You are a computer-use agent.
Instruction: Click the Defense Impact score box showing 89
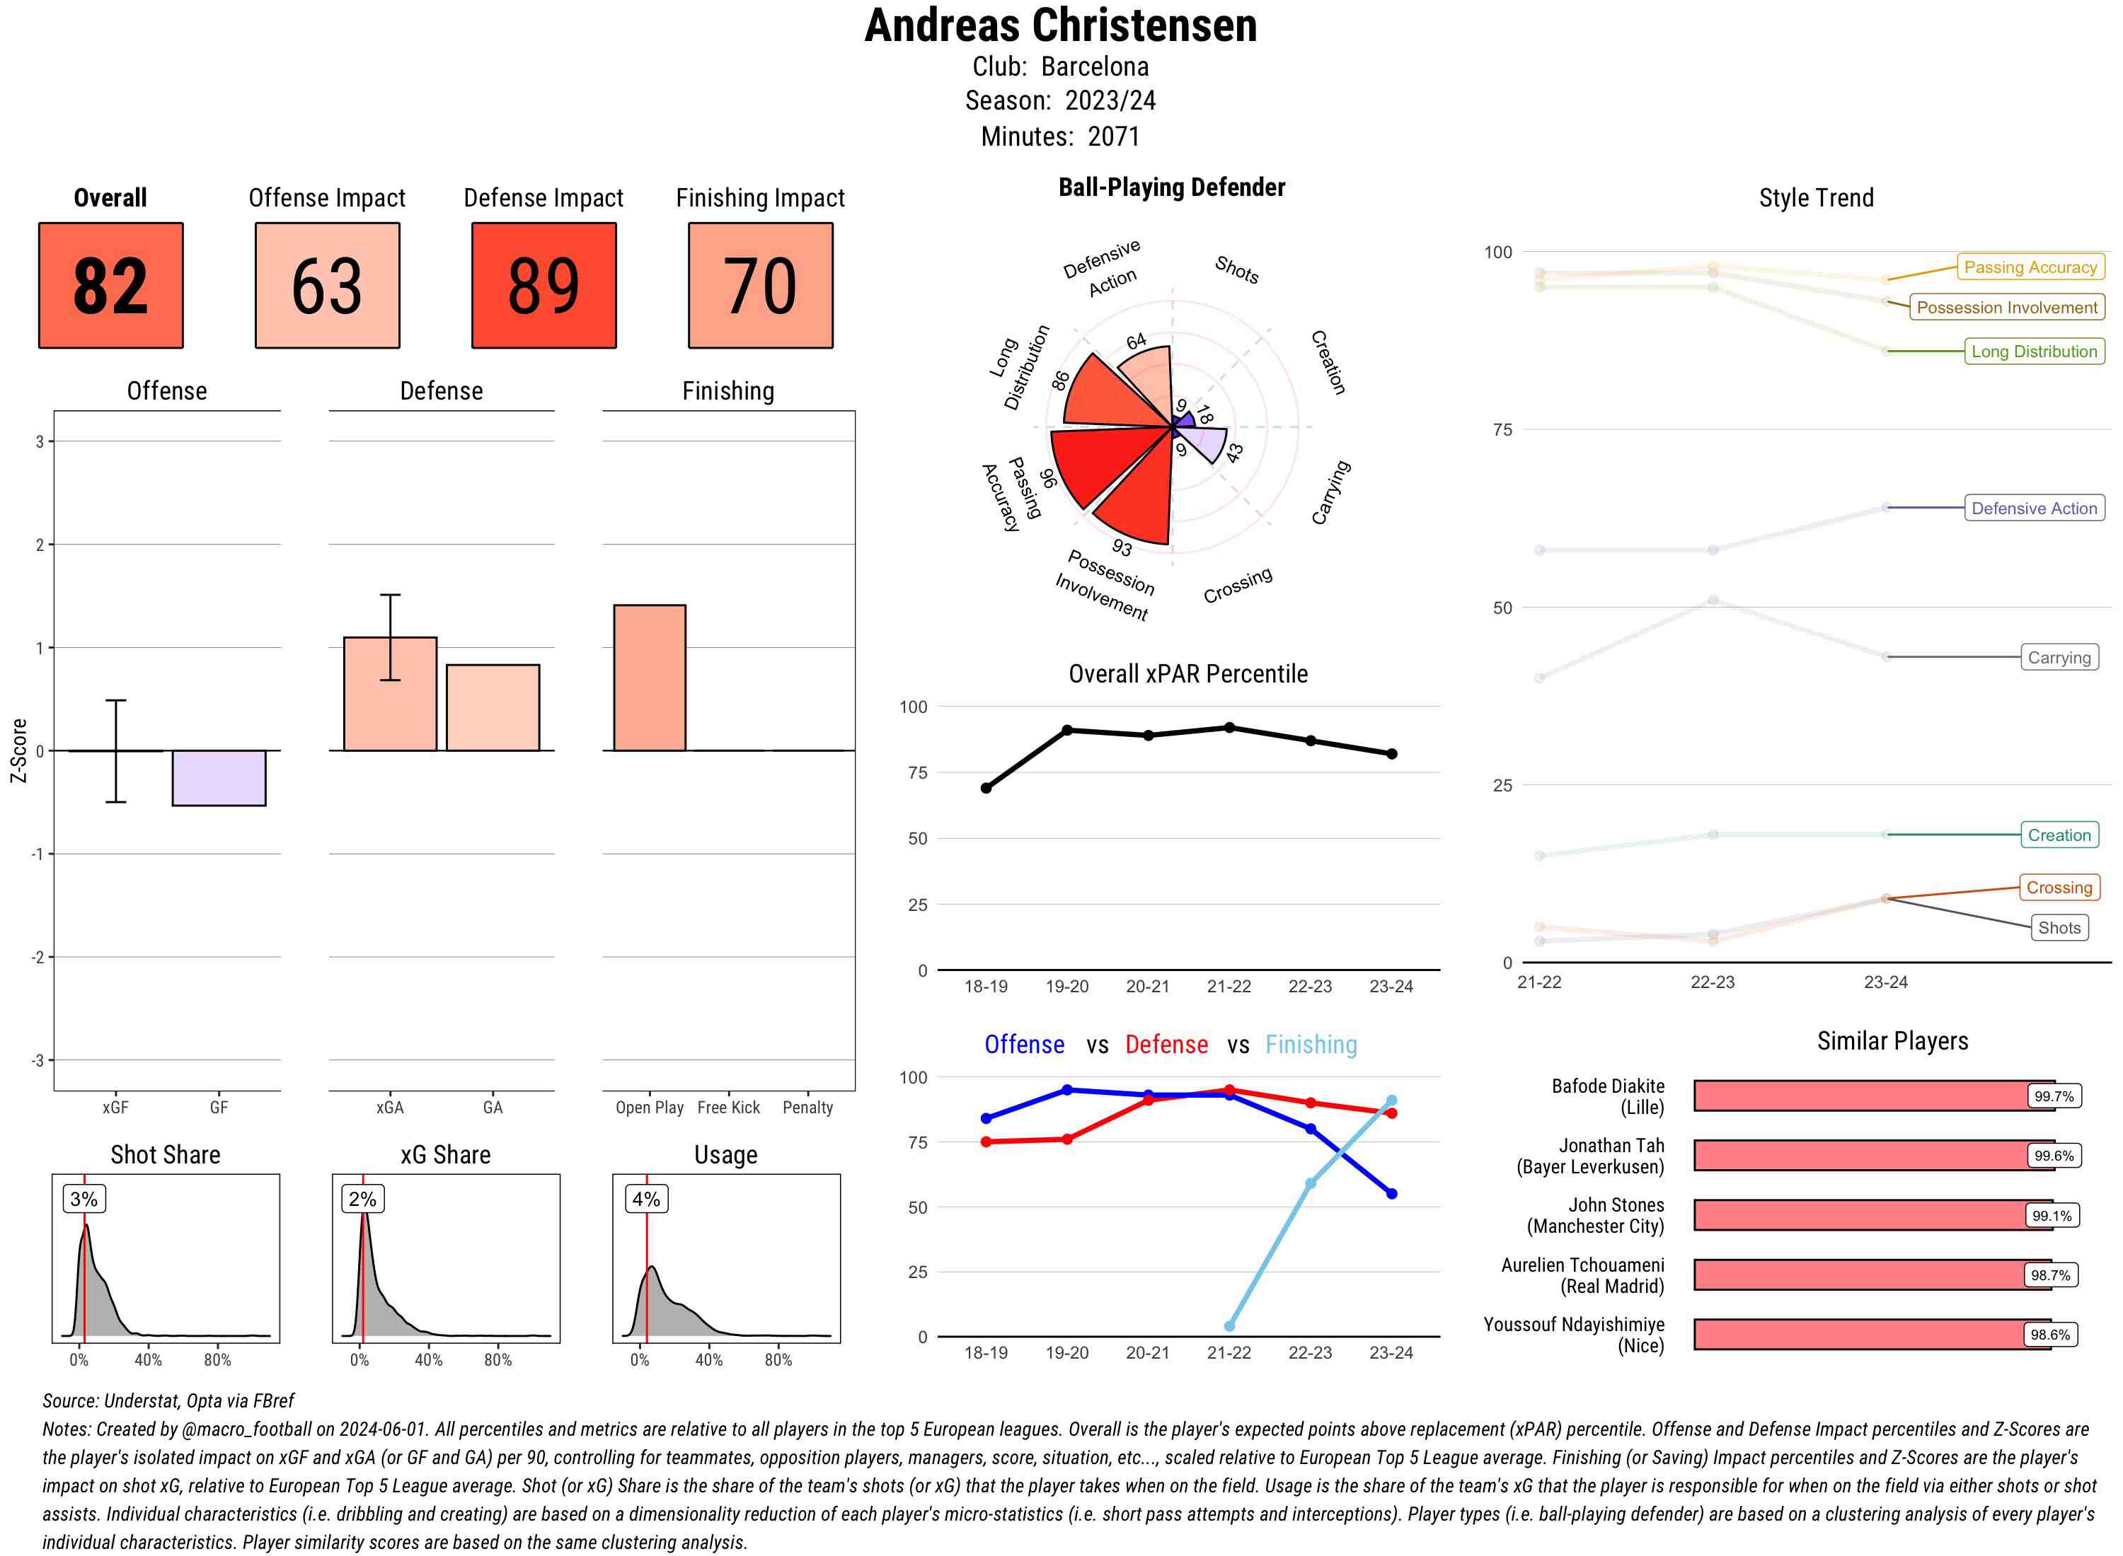point(543,286)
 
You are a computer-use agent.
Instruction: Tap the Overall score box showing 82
point(110,286)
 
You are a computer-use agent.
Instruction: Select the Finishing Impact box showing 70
point(761,286)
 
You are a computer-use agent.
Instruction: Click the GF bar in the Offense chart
point(219,778)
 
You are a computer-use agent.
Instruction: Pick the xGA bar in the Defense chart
point(390,694)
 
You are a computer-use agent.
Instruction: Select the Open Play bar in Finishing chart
point(649,678)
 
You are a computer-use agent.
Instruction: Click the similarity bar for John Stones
point(1861,1215)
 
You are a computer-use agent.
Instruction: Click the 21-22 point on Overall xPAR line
point(1229,728)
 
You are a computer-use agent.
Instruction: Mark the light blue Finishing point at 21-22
point(1229,1326)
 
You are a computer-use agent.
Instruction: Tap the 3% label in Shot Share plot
point(84,1199)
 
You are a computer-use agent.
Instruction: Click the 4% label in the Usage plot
point(645,1199)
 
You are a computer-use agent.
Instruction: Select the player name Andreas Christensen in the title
point(1060,25)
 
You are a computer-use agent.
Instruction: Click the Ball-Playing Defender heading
point(1171,187)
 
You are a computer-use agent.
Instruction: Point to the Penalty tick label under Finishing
point(807,1108)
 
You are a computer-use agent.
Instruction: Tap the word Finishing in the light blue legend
point(1311,1045)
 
